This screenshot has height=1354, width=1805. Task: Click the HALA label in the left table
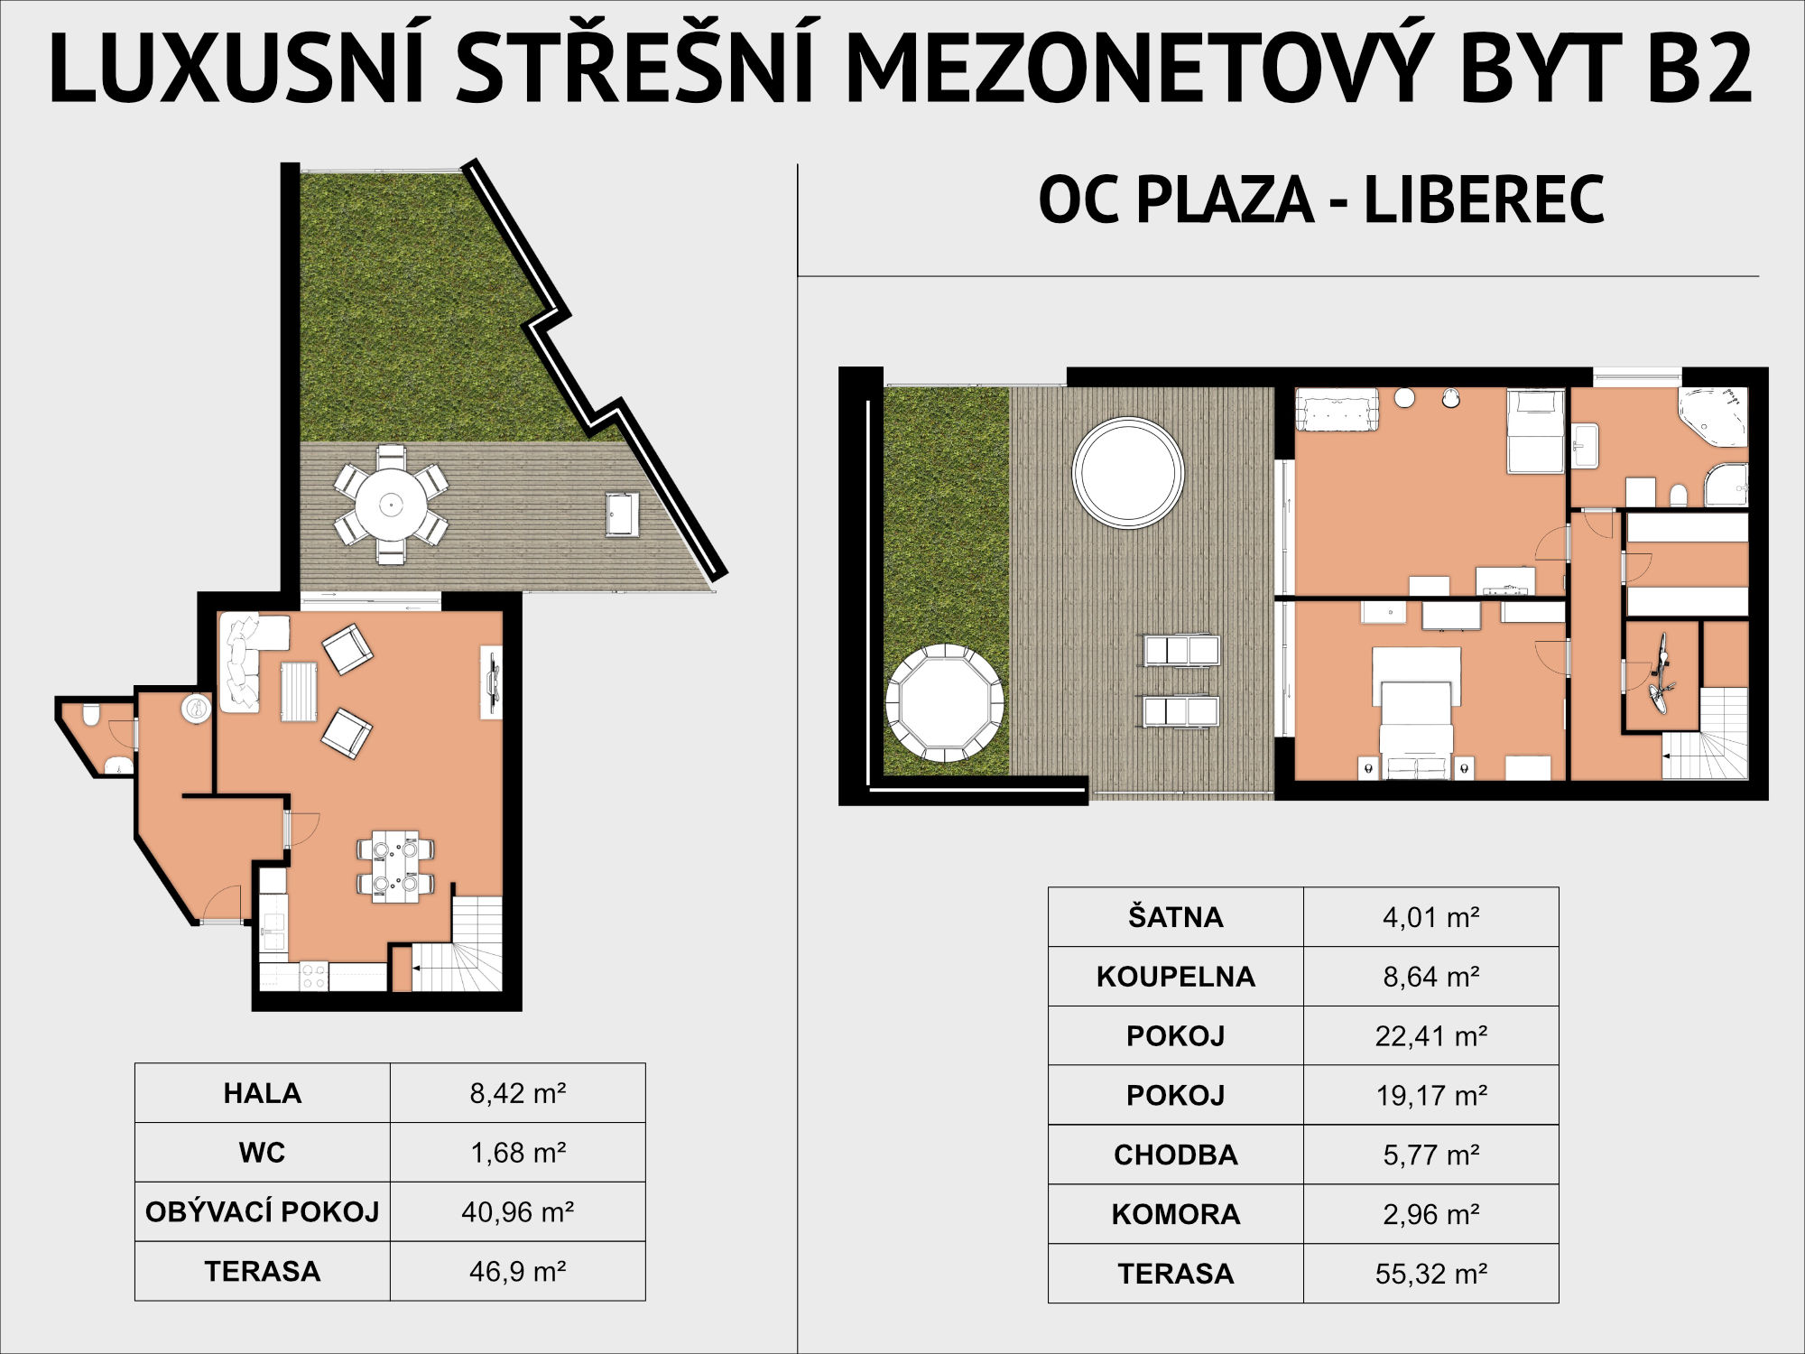pyautogui.click(x=262, y=1093)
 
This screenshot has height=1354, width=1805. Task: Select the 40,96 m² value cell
pyautogui.click(x=518, y=1211)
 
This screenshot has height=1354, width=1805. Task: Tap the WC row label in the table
pyautogui.click(x=262, y=1153)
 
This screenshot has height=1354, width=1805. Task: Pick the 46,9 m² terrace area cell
pyautogui.click(x=518, y=1271)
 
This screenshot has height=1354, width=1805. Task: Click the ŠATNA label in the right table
pyautogui.click(x=1175, y=917)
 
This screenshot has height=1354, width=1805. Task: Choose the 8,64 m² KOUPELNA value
pyautogui.click(x=1431, y=977)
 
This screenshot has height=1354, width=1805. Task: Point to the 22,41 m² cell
pyautogui.click(x=1431, y=1035)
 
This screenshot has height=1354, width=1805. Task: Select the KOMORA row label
pyautogui.click(x=1175, y=1214)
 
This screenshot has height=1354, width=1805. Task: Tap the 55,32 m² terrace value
pyautogui.click(x=1431, y=1274)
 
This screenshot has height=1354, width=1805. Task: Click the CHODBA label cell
pyautogui.click(x=1175, y=1155)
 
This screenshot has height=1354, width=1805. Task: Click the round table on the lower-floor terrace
pyautogui.click(x=391, y=505)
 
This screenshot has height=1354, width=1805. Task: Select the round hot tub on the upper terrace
pyautogui.click(x=1128, y=472)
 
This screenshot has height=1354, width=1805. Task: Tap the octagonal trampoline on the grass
pyautogui.click(x=945, y=702)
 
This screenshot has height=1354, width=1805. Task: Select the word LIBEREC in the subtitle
pyautogui.click(x=1484, y=200)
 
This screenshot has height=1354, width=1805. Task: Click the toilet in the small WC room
pyautogui.click(x=90, y=716)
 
